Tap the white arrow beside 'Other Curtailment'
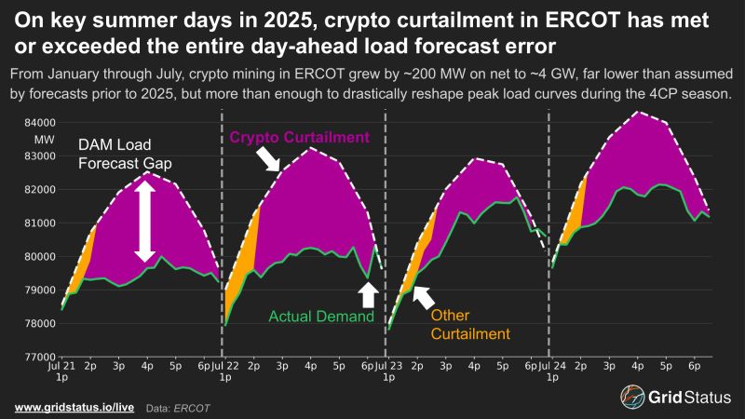422,297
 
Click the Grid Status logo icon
634,396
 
